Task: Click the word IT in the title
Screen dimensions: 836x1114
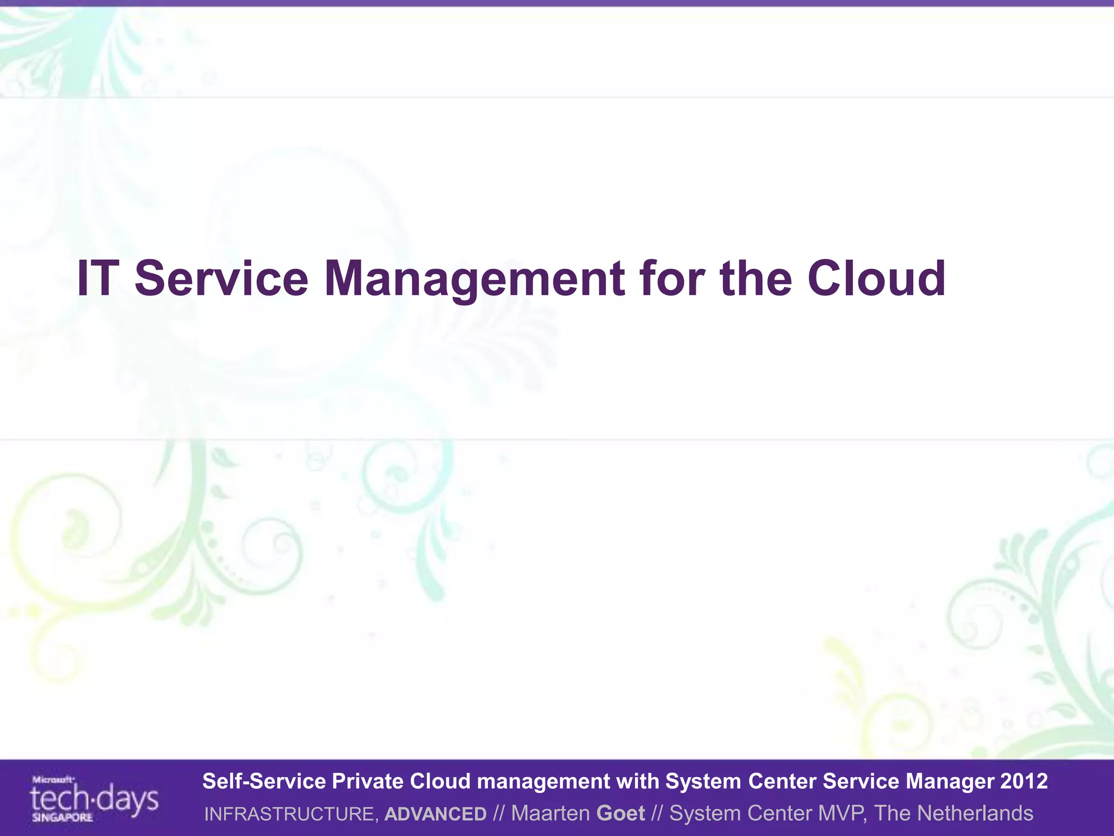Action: point(98,278)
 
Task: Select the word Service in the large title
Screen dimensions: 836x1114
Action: point(221,278)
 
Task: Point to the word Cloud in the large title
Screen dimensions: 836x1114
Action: point(876,278)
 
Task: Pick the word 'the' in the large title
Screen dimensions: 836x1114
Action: point(756,278)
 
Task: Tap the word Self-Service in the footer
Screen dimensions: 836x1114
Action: point(264,781)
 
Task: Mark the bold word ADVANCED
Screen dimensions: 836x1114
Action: point(435,814)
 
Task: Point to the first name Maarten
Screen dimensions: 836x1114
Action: point(550,813)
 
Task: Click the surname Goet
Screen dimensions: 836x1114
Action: point(621,813)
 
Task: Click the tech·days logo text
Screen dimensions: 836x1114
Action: point(94,800)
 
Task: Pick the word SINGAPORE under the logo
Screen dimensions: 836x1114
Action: point(62,817)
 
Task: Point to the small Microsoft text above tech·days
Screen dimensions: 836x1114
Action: point(53,779)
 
